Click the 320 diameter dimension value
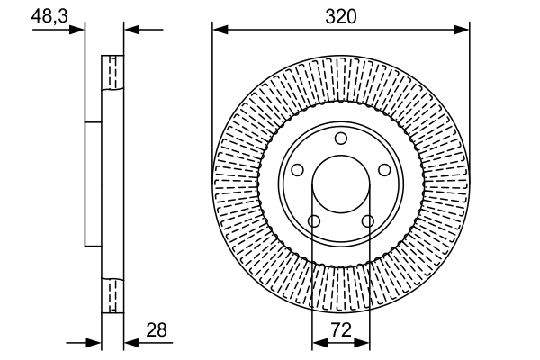click(x=341, y=16)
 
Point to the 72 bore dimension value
click(x=341, y=331)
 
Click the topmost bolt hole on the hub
click(x=340, y=138)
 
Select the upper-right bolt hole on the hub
click(x=384, y=170)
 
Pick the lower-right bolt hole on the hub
click(x=367, y=221)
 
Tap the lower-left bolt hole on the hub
click(x=313, y=221)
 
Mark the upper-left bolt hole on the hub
click(x=297, y=170)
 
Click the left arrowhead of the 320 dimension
click(x=219, y=30)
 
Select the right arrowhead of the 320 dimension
click(x=463, y=30)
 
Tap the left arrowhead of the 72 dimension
click(x=318, y=343)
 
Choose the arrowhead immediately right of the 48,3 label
click(x=79, y=30)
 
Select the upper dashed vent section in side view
click(x=112, y=73)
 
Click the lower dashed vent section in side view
click(x=112, y=296)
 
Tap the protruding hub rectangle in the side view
click(x=93, y=184)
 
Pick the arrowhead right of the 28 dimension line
click(x=130, y=343)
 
